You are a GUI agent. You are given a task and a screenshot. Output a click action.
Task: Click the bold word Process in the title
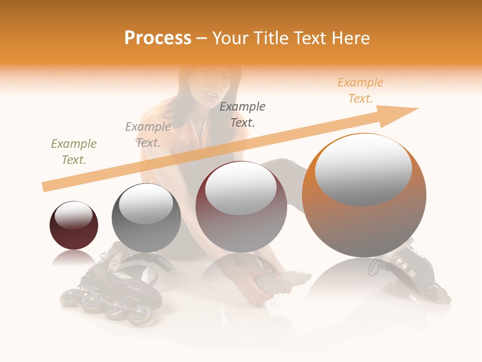[x=158, y=38]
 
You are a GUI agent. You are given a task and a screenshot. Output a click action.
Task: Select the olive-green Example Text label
[x=74, y=152]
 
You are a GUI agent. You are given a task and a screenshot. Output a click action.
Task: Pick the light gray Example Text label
[x=148, y=135]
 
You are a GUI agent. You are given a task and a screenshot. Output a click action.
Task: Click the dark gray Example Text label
[x=243, y=114]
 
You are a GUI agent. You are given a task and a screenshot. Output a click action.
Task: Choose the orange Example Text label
[x=360, y=90]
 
